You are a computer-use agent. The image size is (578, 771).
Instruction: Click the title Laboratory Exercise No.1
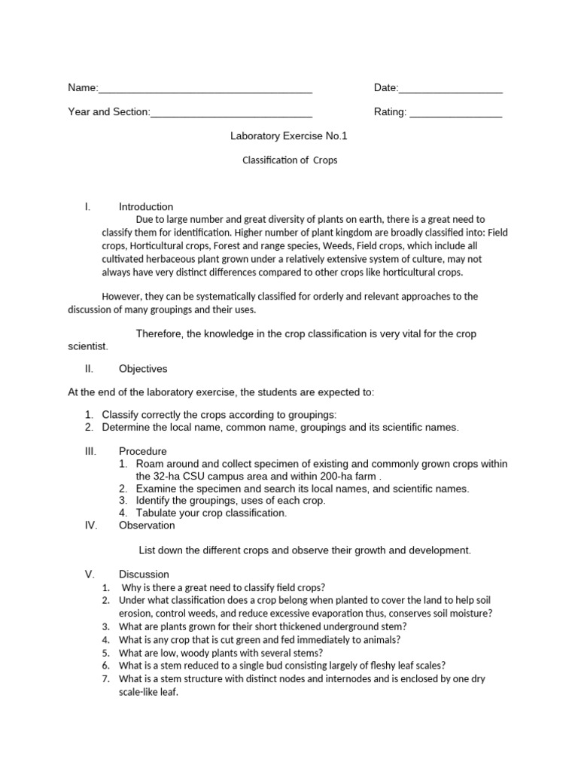(288, 137)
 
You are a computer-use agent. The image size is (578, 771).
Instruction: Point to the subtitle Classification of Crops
(289, 160)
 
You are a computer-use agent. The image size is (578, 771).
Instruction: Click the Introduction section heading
(146, 207)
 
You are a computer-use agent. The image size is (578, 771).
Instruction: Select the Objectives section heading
(143, 369)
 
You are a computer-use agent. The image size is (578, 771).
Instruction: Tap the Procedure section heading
(143, 452)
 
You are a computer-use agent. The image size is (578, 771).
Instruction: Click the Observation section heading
(147, 526)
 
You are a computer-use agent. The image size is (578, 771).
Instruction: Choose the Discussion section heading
(144, 574)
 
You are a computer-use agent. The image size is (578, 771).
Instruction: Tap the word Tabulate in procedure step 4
(158, 513)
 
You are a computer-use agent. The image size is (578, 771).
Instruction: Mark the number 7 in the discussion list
(105, 679)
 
